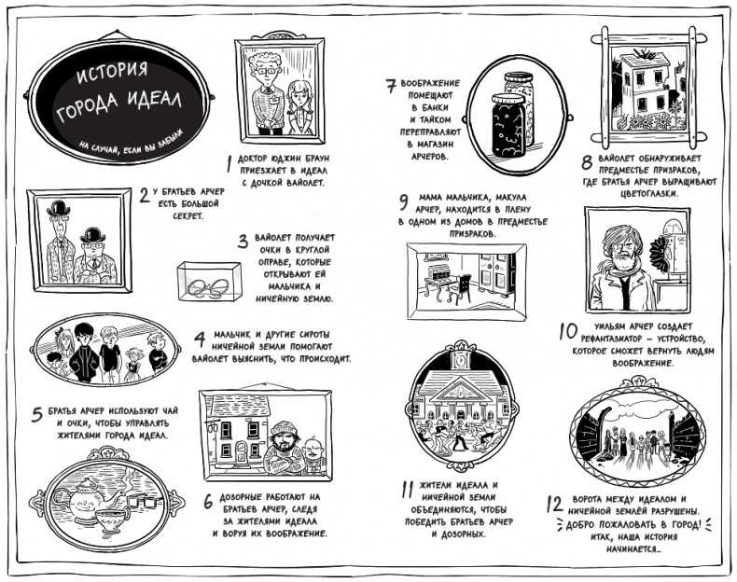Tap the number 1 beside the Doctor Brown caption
[x=229, y=158]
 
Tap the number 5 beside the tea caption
[x=37, y=415]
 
